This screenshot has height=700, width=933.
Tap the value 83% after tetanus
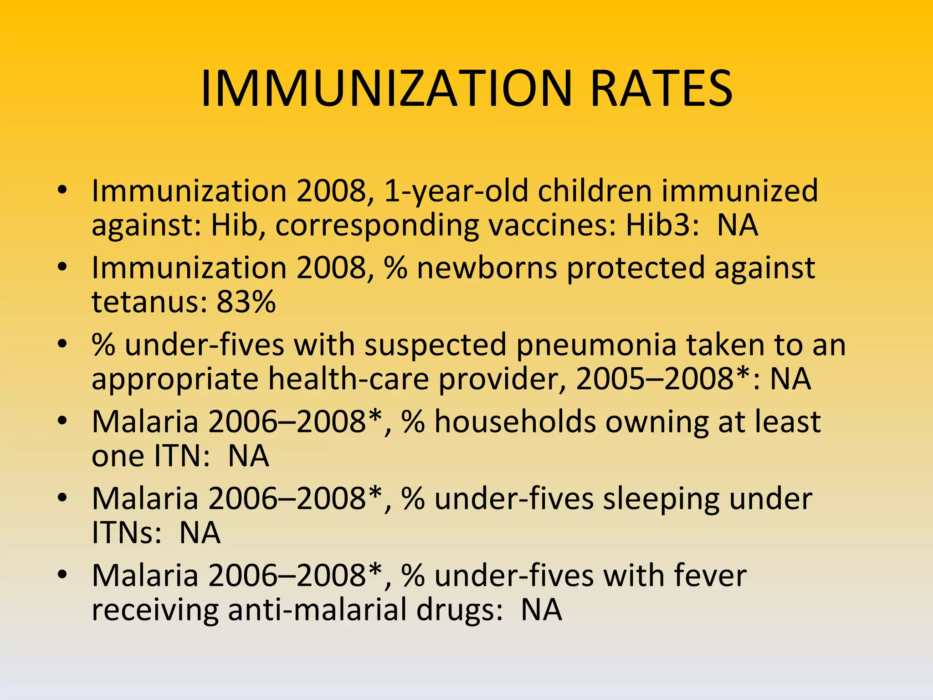tap(246, 302)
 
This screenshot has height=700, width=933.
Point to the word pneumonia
tap(596, 345)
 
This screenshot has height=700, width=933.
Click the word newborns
tap(487, 268)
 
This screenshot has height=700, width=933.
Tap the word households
tap(515, 422)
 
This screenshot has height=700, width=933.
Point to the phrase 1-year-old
tap(456, 191)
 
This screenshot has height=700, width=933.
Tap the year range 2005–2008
tap(654, 379)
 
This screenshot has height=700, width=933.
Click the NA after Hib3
tap(738, 225)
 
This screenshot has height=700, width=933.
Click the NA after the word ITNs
tap(200, 533)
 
